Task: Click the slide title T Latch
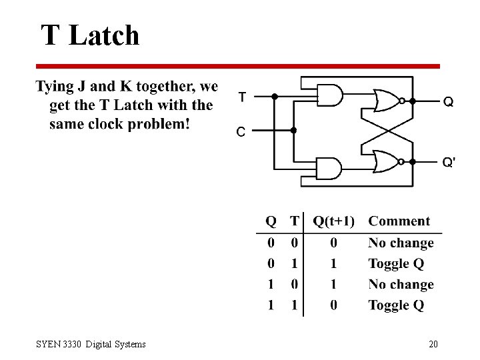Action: (x=90, y=35)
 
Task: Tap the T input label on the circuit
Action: (x=242, y=97)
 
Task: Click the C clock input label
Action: (x=241, y=131)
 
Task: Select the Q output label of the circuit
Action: (x=449, y=102)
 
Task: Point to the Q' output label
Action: (x=449, y=163)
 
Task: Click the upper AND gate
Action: (x=329, y=95)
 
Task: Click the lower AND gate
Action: (x=329, y=168)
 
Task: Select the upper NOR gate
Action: (x=385, y=101)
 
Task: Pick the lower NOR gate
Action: (x=385, y=161)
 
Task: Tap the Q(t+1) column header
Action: (x=334, y=221)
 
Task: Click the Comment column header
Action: (x=399, y=221)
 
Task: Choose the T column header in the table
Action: (x=294, y=221)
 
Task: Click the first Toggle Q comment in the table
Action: (x=396, y=264)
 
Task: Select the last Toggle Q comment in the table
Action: (x=396, y=305)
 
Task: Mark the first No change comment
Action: (x=401, y=243)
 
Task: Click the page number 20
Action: (x=433, y=344)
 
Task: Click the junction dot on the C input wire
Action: (x=294, y=131)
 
